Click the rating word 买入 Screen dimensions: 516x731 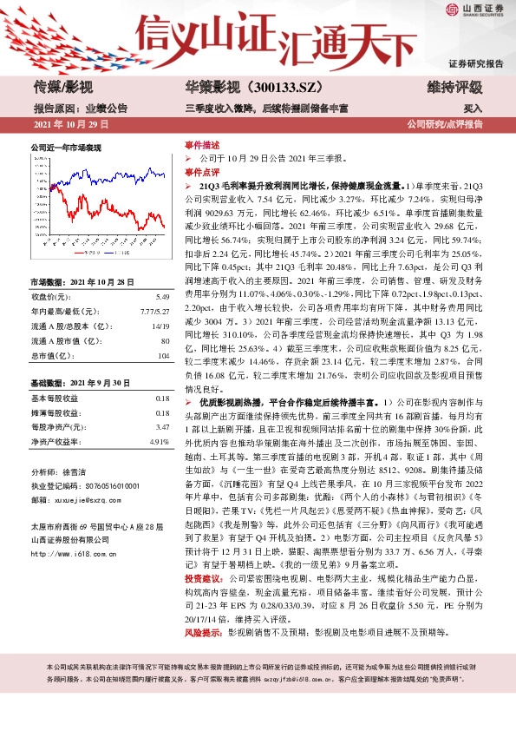click(473, 109)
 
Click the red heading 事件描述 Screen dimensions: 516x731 click(201, 145)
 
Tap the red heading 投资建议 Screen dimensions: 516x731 click(201, 576)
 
